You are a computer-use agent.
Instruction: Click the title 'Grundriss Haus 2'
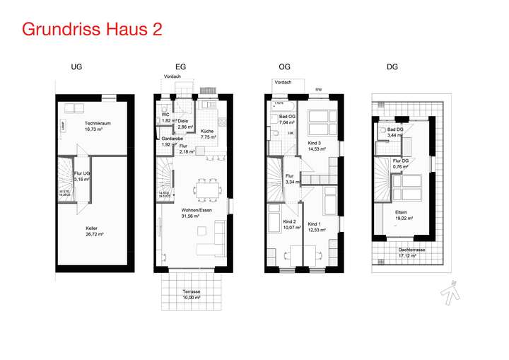click(x=92, y=30)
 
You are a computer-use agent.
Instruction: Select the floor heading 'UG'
click(x=77, y=67)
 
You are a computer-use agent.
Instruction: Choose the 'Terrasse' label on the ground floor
click(x=192, y=294)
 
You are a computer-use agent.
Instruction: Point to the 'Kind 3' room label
click(x=316, y=144)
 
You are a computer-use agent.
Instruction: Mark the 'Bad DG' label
click(x=396, y=131)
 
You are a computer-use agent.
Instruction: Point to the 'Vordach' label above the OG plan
click(x=283, y=82)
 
